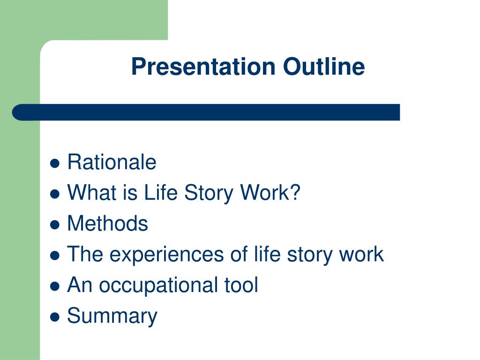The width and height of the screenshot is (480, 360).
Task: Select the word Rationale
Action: tap(112, 163)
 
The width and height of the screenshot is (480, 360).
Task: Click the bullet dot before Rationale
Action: tap(55, 164)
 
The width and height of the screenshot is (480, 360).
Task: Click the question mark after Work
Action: tap(294, 193)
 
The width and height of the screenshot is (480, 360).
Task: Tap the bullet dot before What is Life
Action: tap(55, 194)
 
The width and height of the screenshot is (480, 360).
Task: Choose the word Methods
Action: tap(107, 224)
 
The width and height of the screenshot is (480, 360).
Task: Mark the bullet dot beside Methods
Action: tap(55, 225)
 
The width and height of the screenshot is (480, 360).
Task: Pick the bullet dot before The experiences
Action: tap(55, 255)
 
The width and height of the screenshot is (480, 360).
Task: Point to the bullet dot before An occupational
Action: tap(55, 286)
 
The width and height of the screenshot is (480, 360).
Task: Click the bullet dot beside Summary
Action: tap(55, 317)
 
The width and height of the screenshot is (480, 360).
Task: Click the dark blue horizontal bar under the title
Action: tap(206, 112)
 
